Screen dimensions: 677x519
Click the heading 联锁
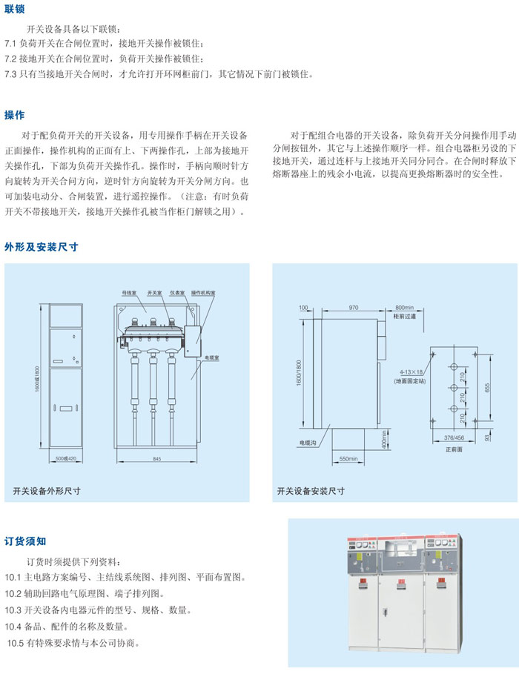(x=15, y=9)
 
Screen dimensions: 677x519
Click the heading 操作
(x=15, y=115)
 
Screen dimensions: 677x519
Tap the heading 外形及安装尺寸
(x=42, y=247)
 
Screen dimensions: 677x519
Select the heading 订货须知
(x=26, y=541)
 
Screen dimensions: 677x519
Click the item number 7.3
(x=13, y=75)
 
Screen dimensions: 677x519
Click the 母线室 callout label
(x=130, y=294)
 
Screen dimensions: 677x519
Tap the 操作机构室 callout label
(x=202, y=294)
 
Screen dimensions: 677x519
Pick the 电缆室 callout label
(x=212, y=356)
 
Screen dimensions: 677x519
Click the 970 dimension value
(x=353, y=307)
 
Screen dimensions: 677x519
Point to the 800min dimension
(x=404, y=307)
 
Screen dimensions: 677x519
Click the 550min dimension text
(x=348, y=460)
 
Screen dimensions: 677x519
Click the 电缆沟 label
(x=308, y=443)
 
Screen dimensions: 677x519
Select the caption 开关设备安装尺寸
(x=311, y=490)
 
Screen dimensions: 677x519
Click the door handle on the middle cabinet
(x=386, y=612)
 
